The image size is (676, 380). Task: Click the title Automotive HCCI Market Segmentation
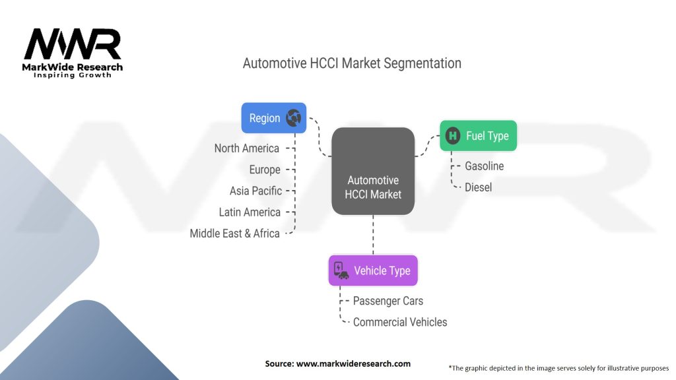coord(352,63)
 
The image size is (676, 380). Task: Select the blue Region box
coord(273,118)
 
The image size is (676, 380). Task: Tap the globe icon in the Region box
coord(293,118)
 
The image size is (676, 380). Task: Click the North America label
coord(246,148)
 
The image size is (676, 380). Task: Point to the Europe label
coord(265,170)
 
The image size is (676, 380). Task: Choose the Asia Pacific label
coord(255,191)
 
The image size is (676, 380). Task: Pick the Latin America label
coord(250,212)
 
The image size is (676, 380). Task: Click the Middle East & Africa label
coord(234,233)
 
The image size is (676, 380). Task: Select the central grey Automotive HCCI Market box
coord(373,172)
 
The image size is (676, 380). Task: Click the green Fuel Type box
coord(479,136)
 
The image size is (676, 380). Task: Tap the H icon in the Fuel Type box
coord(453,136)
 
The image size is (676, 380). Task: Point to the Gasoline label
coord(484,166)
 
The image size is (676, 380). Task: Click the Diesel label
coord(478,187)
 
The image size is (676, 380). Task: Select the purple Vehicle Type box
coord(373,270)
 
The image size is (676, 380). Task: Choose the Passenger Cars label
coord(388,301)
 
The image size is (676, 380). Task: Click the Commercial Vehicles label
coord(400,322)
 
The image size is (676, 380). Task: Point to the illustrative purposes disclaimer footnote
coord(558,367)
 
